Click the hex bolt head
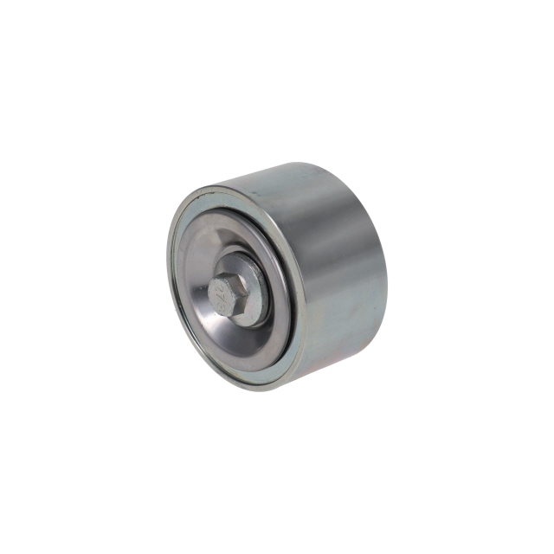pos(231,290)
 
